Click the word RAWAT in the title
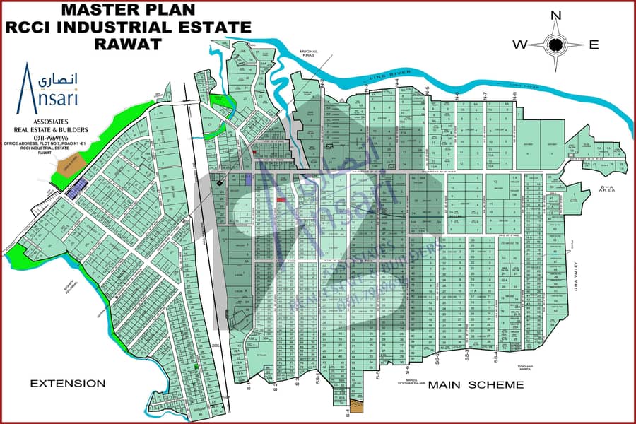127,43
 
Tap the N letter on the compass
556,16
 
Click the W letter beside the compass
519,45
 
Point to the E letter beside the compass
594,45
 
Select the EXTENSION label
67,384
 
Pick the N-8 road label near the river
514,95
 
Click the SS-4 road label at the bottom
496,358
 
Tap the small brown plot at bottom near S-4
358,406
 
